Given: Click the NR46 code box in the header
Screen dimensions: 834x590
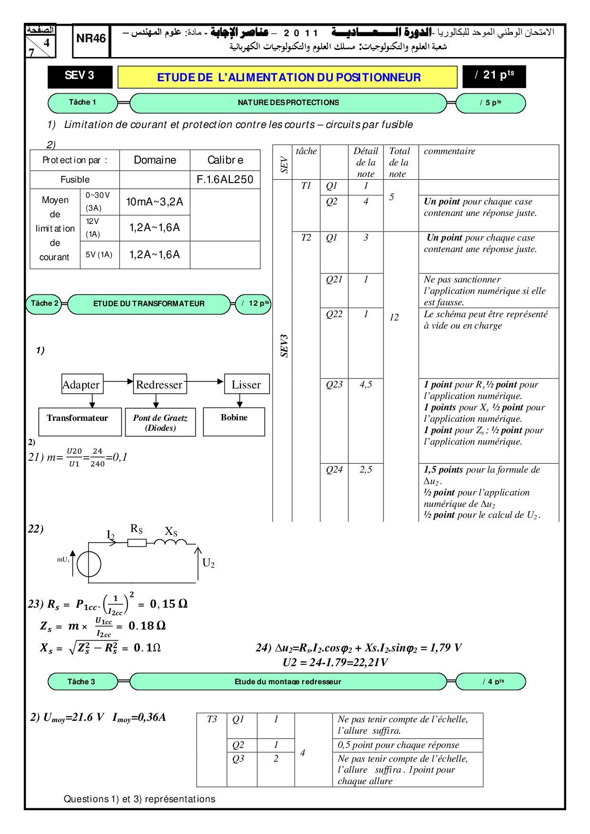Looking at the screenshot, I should [x=91, y=39].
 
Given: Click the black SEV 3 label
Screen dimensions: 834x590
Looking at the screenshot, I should [x=79, y=76].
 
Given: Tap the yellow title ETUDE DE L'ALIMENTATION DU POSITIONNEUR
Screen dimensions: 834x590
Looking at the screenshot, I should [x=288, y=77].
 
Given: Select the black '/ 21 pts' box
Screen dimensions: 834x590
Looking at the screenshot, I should [x=494, y=76].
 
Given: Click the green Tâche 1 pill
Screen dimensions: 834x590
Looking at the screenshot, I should [x=82, y=103].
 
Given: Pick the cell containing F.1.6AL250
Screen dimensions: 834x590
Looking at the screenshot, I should [x=225, y=180].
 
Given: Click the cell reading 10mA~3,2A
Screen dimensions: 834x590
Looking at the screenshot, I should [x=155, y=202].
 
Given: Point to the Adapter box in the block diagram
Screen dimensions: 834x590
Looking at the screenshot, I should [x=81, y=385].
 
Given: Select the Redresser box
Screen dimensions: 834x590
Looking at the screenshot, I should [x=159, y=385].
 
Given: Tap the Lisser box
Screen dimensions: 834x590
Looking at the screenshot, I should [x=246, y=385].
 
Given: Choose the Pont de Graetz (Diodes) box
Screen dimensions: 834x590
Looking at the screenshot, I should [x=160, y=422].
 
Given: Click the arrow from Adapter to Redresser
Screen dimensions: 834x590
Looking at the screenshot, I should [x=118, y=381].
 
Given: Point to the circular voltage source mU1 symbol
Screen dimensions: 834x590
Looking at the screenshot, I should [x=89, y=564].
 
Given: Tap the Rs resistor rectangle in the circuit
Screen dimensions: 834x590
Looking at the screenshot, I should [x=137, y=543].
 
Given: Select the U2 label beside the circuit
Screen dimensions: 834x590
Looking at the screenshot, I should [x=208, y=563].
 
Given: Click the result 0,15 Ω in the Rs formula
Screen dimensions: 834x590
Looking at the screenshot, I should [x=168, y=604].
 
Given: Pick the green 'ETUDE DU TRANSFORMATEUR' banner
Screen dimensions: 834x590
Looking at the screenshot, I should [x=149, y=304].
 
